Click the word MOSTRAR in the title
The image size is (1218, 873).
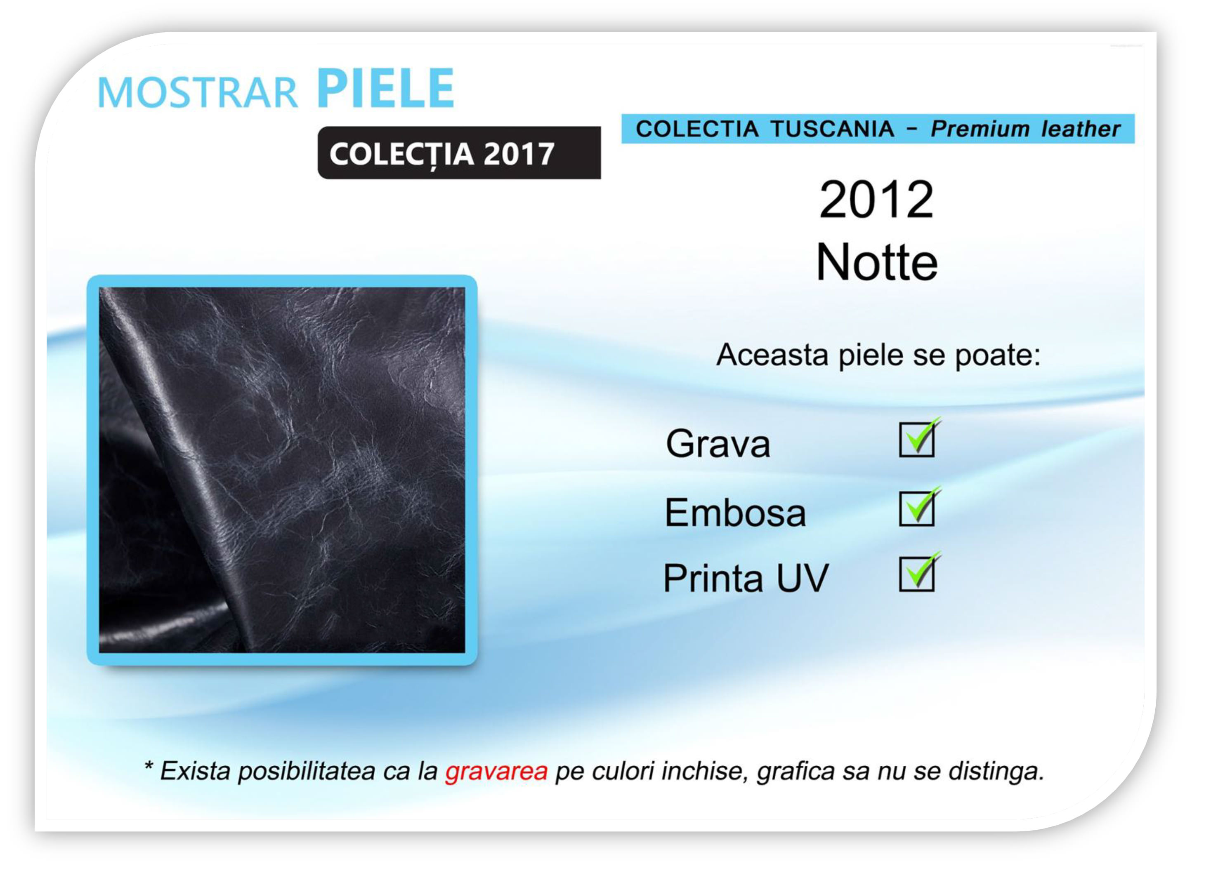pyautogui.click(x=197, y=92)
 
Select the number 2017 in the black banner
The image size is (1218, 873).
pyautogui.click(x=519, y=154)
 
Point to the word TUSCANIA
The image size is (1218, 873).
pyautogui.click(x=832, y=129)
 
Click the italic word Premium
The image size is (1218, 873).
pyautogui.click(x=980, y=129)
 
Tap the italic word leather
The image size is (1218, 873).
pyautogui.click(x=1081, y=129)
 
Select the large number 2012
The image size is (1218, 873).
pyautogui.click(x=876, y=199)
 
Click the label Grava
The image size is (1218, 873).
pyautogui.click(x=718, y=443)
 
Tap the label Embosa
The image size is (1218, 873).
pyautogui.click(x=735, y=512)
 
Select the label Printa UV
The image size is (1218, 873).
pyautogui.click(x=746, y=578)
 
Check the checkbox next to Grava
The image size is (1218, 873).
pyautogui.click(x=917, y=440)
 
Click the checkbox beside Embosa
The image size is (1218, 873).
pyautogui.click(x=917, y=508)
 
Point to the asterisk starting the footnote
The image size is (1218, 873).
pyautogui.click(x=149, y=767)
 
